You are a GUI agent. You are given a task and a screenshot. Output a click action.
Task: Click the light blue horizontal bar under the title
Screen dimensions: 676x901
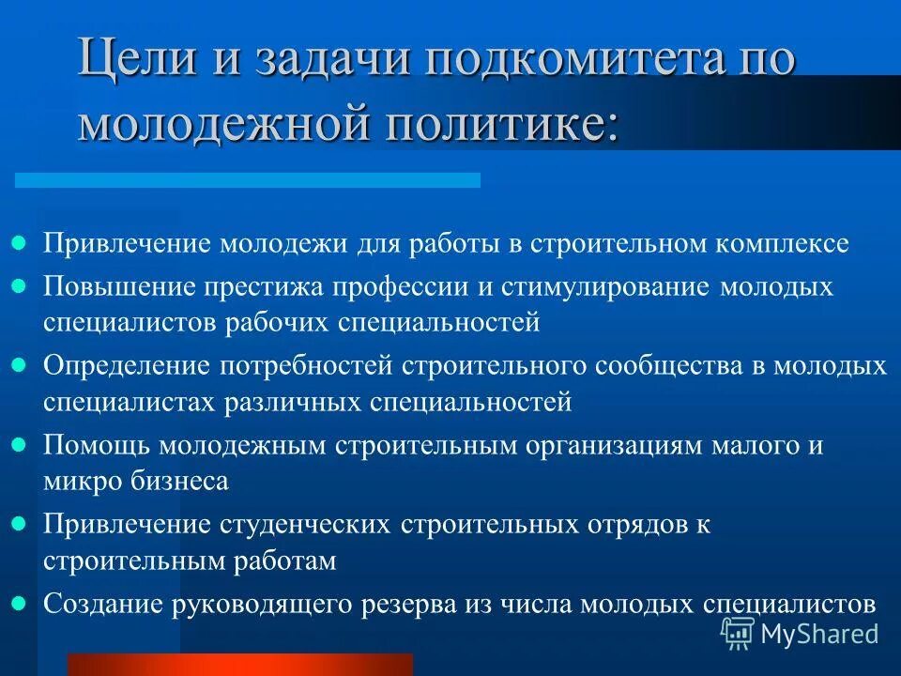pos(247,179)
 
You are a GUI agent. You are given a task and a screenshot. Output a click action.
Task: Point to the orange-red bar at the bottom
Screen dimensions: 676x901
pos(239,665)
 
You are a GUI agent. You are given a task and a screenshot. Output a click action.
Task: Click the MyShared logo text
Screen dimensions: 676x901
pos(819,634)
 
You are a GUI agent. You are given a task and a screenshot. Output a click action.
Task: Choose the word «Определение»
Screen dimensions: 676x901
pos(123,364)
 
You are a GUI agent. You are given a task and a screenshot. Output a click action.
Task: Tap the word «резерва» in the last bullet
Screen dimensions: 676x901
pos(420,603)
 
